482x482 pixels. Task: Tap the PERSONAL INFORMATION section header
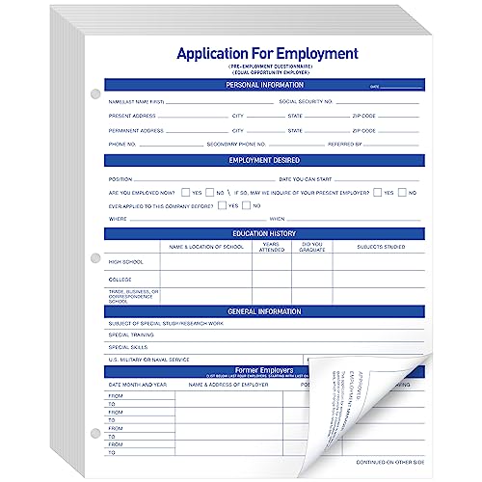click(264, 85)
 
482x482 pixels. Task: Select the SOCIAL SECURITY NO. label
click(307, 101)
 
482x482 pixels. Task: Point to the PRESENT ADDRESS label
click(134, 116)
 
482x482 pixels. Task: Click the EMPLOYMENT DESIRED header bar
click(264, 160)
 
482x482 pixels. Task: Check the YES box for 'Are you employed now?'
click(186, 192)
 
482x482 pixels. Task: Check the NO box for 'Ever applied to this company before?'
click(245, 205)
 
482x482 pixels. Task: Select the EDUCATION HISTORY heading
click(264, 233)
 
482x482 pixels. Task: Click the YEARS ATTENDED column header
click(272, 249)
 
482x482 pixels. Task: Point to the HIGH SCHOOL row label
click(126, 261)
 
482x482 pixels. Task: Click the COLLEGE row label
click(120, 281)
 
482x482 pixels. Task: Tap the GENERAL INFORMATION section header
click(264, 312)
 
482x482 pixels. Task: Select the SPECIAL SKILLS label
click(128, 346)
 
